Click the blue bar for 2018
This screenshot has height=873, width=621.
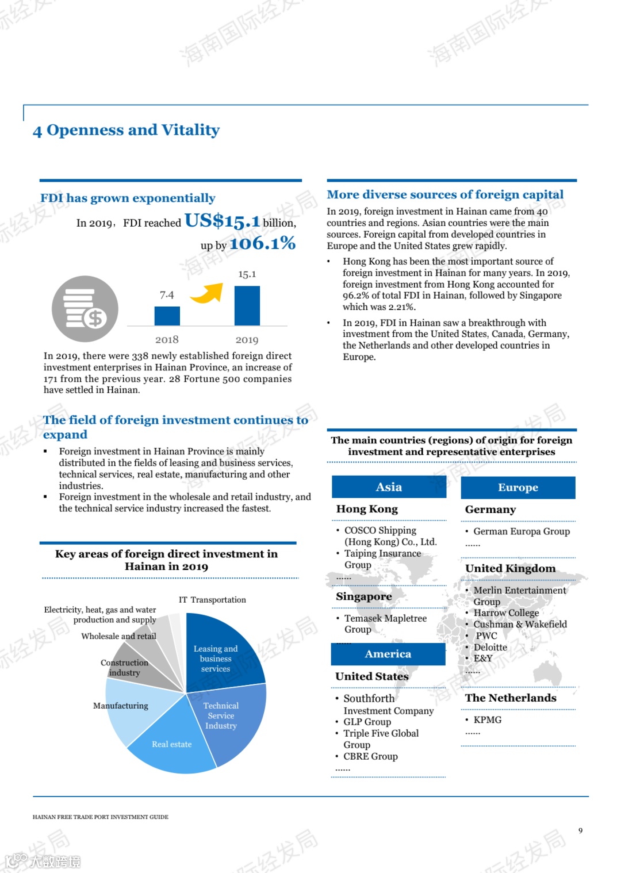[167, 316]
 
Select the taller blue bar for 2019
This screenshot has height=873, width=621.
[247, 305]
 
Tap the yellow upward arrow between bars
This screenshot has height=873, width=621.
[207, 293]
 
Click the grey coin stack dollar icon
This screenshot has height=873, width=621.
[85, 309]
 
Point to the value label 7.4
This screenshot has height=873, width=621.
[167, 295]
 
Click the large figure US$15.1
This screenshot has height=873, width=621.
[222, 220]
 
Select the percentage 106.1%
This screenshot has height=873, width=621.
[262, 244]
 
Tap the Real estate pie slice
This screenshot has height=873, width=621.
[172, 745]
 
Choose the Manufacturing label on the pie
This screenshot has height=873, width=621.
[121, 706]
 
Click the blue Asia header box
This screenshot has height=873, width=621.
[389, 487]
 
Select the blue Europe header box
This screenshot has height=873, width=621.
[517, 488]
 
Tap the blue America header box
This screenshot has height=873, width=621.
[388, 654]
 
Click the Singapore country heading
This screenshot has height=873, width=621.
[363, 596]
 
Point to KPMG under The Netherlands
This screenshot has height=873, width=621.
[487, 719]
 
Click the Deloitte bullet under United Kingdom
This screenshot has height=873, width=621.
[490, 647]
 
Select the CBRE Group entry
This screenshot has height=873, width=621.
[370, 756]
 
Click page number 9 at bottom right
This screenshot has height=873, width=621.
[580, 830]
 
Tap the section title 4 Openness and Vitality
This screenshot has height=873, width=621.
[126, 130]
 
